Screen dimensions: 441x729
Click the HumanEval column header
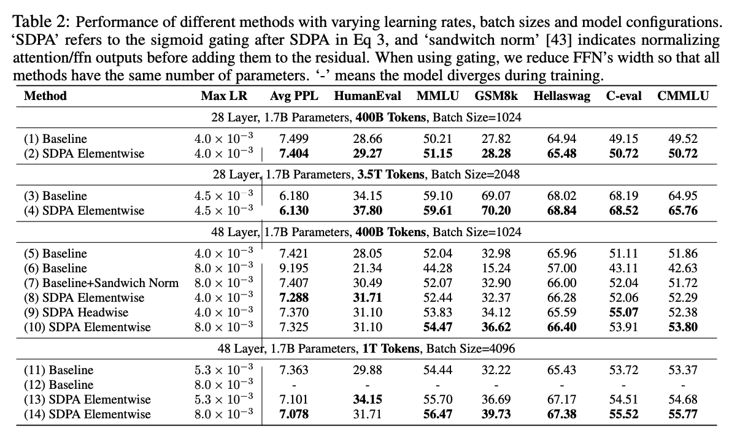[368, 96]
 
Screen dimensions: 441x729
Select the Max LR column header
[223, 96]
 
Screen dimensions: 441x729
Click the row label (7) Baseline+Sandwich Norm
[101, 283]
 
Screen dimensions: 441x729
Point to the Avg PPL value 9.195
[294, 268]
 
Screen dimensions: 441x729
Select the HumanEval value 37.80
[368, 210]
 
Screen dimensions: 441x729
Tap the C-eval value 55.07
[623, 312]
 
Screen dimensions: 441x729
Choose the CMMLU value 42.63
[683, 268]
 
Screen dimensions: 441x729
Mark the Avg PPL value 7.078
[294, 414]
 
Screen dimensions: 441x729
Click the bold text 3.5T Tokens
[390, 174]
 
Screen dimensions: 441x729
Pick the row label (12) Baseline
[59, 385]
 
